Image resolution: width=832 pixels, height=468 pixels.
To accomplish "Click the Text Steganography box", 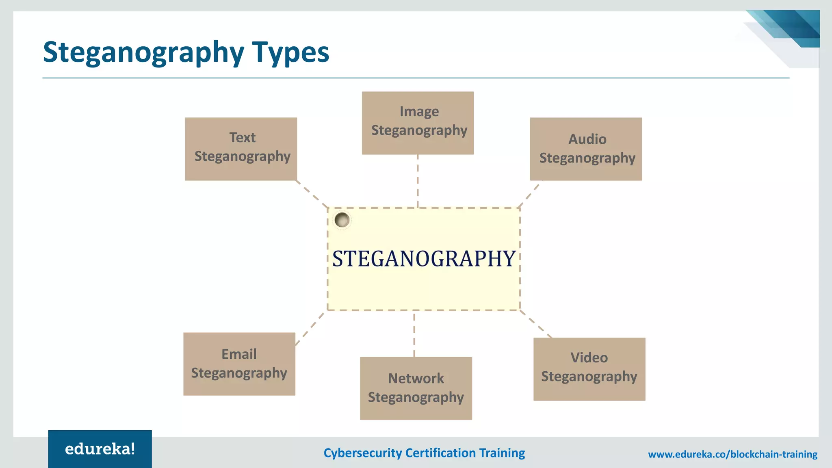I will pyautogui.click(x=241, y=149).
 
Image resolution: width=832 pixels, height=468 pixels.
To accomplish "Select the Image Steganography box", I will pyautogui.click(x=418, y=123).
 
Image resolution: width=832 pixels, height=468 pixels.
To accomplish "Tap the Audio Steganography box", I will pyautogui.click(x=586, y=149).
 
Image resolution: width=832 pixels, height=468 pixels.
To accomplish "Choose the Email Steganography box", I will pyautogui.click(x=239, y=364).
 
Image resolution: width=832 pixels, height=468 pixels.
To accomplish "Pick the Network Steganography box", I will pyautogui.click(x=416, y=388).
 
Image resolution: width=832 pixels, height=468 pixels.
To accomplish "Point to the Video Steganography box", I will pyautogui.click(x=589, y=369).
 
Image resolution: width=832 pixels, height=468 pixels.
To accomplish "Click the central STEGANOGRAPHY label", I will pyautogui.click(x=424, y=259).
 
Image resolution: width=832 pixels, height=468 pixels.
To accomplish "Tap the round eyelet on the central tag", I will pyautogui.click(x=342, y=220).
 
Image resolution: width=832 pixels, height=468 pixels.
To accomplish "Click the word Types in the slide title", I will pyautogui.click(x=290, y=52).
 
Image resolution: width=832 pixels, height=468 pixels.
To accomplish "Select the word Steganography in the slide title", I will pyautogui.click(x=143, y=53).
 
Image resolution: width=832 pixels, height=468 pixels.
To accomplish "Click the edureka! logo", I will pyautogui.click(x=100, y=449).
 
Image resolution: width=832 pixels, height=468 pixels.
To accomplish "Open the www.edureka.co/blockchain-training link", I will pyautogui.click(x=732, y=454).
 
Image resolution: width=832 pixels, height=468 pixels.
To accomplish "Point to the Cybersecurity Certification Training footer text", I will pyautogui.click(x=424, y=453).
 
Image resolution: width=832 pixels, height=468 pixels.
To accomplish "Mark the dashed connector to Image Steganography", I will pyautogui.click(x=418, y=181).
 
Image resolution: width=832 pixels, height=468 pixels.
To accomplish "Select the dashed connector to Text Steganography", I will pyautogui.click(x=312, y=194).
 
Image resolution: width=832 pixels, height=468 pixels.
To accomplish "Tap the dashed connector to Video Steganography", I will pyautogui.click(x=536, y=324).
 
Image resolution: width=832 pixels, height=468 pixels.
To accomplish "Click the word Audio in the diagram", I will pyautogui.click(x=587, y=139).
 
